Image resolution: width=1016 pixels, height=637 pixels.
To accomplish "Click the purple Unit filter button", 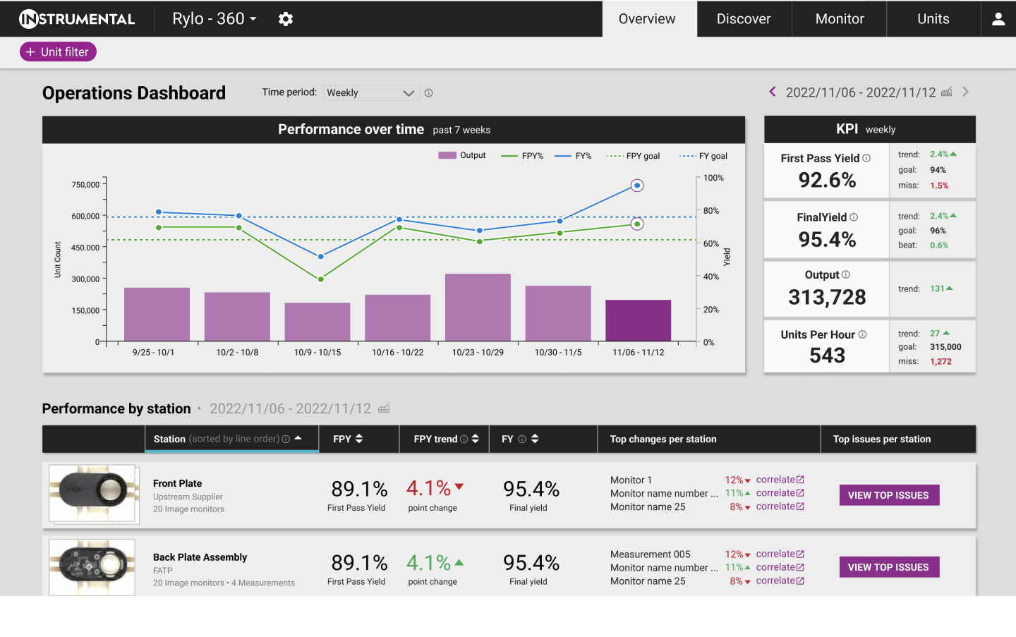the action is click(x=58, y=51).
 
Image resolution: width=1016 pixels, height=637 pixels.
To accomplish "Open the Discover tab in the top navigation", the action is click(x=744, y=18).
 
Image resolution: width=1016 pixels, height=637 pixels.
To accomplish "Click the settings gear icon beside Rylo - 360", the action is click(x=285, y=19).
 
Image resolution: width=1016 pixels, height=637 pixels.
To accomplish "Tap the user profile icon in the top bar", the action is click(x=998, y=18).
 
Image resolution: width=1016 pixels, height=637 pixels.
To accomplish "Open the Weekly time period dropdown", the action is click(x=371, y=93).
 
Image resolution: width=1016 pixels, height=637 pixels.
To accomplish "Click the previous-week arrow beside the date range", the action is click(x=773, y=92).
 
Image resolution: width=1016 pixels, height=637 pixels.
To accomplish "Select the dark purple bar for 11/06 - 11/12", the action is click(x=638, y=320).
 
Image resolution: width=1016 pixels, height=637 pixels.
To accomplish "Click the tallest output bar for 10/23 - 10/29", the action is click(x=478, y=307).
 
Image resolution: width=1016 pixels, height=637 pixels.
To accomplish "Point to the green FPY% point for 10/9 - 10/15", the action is click(x=320, y=279).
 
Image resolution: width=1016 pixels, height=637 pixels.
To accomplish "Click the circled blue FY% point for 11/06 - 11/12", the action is click(x=637, y=186).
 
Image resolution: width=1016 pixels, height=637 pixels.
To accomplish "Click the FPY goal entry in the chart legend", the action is click(x=633, y=156).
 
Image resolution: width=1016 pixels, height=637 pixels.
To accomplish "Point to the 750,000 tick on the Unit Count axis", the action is click(x=85, y=185).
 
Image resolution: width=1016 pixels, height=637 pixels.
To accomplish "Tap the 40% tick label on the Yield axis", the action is click(x=710, y=277).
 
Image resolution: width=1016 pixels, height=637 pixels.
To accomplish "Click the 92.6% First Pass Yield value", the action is click(x=827, y=180).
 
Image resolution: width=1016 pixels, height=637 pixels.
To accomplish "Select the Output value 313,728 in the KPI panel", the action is click(x=827, y=297).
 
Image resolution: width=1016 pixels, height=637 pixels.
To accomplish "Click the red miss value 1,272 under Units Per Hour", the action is click(x=941, y=361).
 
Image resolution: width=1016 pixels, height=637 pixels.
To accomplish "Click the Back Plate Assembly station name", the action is click(x=200, y=557).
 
